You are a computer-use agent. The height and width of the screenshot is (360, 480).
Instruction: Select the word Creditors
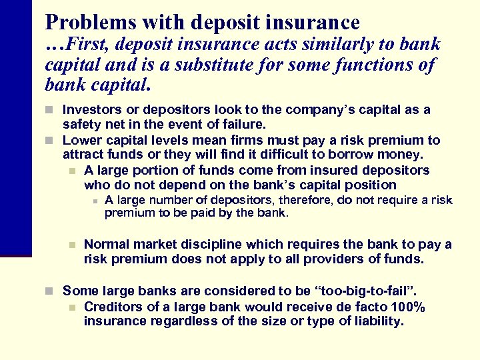114,307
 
